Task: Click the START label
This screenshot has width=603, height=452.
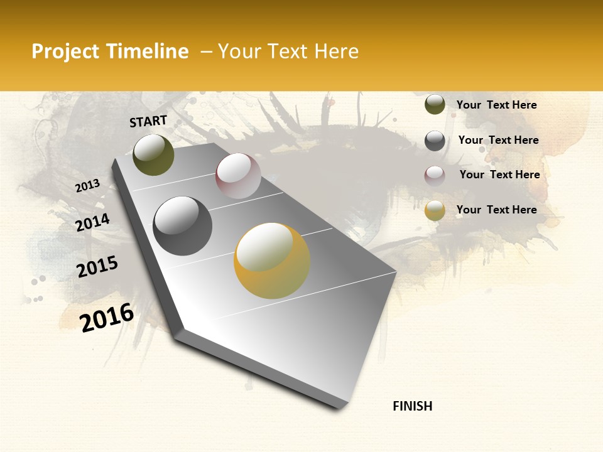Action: click(x=148, y=121)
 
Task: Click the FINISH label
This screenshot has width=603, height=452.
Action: click(x=412, y=406)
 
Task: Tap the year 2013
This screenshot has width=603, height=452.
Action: click(x=88, y=185)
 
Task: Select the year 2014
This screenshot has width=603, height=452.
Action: click(x=92, y=222)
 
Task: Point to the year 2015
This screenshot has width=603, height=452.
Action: click(x=97, y=267)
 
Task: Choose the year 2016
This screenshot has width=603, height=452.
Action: click(x=107, y=317)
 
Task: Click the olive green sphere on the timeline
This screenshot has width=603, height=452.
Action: click(x=153, y=155)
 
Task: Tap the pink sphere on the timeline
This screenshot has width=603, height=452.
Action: click(x=238, y=176)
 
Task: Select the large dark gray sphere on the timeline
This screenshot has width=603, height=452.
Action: click(x=182, y=226)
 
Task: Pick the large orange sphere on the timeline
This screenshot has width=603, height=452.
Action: click(x=272, y=261)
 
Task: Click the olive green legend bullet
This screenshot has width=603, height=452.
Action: click(x=435, y=105)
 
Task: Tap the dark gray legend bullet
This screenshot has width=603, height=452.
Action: click(x=435, y=141)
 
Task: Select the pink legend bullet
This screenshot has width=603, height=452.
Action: click(x=435, y=176)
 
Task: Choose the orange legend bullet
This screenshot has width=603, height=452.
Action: click(x=435, y=210)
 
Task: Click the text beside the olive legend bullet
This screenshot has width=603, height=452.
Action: click(x=496, y=105)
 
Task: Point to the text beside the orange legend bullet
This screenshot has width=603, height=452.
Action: click(x=496, y=210)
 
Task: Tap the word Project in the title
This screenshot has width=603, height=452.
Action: click(x=65, y=51)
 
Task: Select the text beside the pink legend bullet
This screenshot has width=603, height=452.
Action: click(x=499, y=175)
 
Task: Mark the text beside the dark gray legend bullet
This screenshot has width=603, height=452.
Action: click(x=498, y=140)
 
